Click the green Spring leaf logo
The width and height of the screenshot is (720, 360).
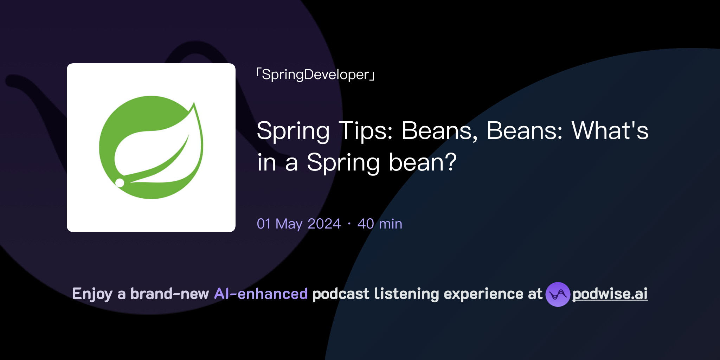151,148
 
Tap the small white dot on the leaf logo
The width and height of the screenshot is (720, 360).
120,182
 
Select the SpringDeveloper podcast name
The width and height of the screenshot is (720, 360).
315,75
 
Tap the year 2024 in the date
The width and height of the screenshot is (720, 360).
324,224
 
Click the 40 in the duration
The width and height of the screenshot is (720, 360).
366,224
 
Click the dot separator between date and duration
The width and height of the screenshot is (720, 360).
349,224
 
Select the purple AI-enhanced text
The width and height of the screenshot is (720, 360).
261,294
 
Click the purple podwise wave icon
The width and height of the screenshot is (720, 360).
558,294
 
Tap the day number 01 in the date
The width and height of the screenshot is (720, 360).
264,224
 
